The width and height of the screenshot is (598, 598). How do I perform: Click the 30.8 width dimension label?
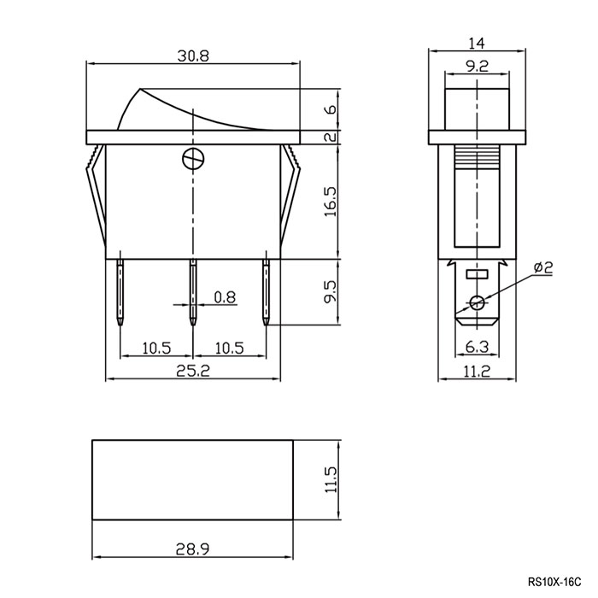(x=193, y=56)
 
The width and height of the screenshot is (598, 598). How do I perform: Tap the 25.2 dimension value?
(x=193, y=371)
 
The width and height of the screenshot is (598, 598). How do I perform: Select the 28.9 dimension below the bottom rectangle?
(x=192, y=549)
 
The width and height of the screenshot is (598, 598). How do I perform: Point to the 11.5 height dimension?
(x=331, y=479)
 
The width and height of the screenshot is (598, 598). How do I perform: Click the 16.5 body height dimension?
(x=331, y=202)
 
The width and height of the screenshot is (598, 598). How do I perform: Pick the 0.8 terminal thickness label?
(x=225, y=297)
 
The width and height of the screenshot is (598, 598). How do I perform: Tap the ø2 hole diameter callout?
(x=543, y=267)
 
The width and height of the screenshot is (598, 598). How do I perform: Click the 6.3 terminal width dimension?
(x=477, y=347)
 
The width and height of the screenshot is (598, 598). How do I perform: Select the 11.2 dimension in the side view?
(x=477, y=371)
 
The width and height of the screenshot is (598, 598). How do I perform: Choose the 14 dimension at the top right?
(x=477, y=44)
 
